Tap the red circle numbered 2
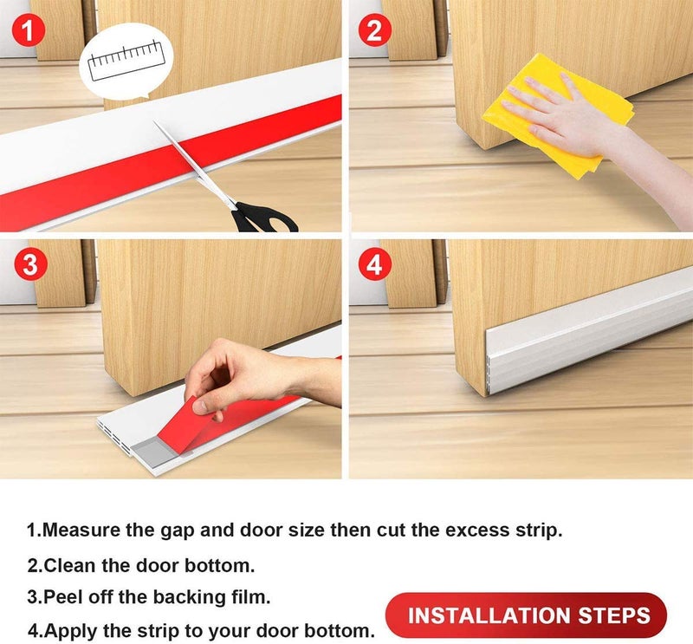[374, 32]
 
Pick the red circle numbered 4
[374, 265]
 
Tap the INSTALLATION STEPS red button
[528, 616]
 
